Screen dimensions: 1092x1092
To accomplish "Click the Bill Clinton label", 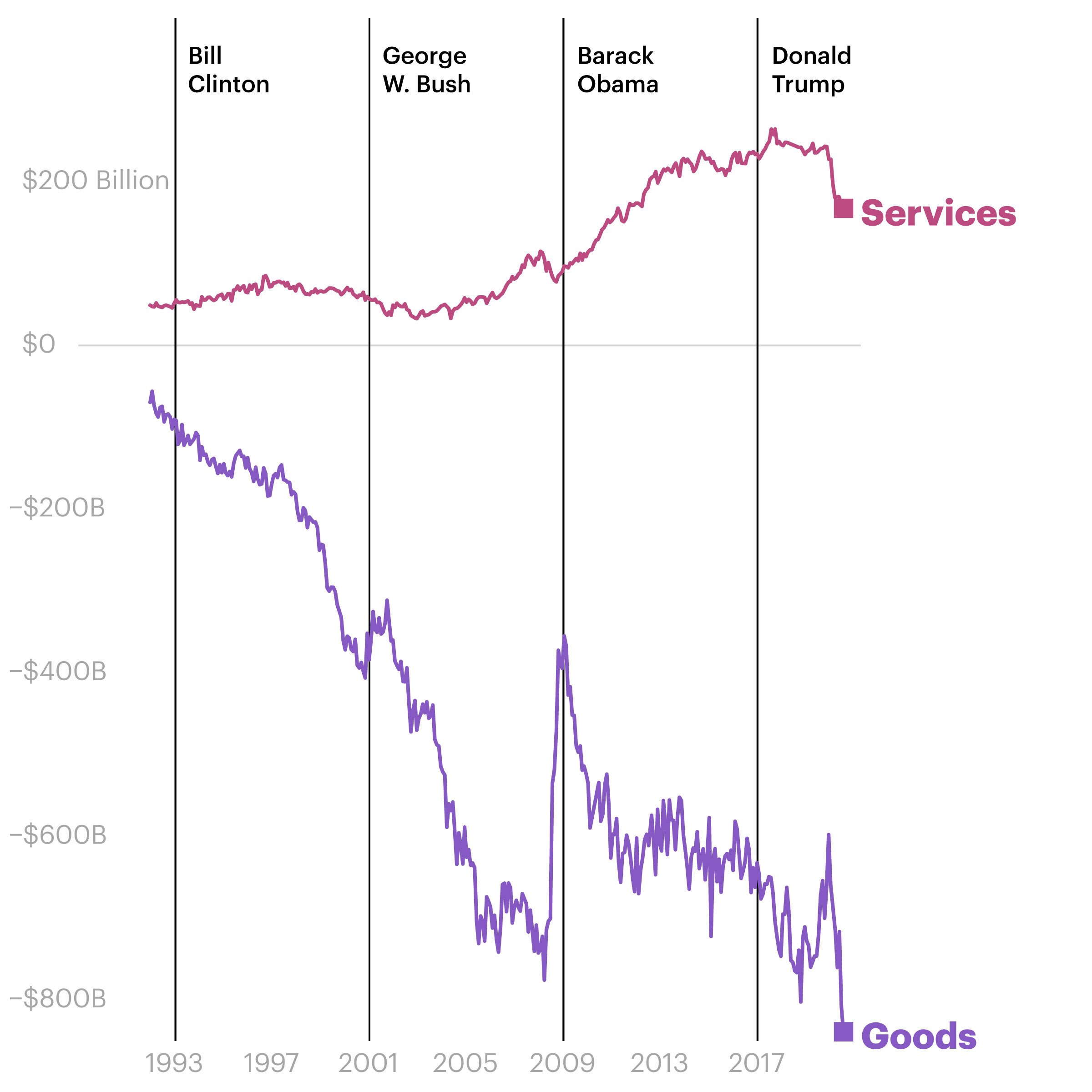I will (x=228, y=70).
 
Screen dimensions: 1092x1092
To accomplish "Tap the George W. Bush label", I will (x=426, y=70).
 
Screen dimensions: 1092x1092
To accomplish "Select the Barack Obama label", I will (x=617, y=70).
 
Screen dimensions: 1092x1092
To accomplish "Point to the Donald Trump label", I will (x=811, y=70).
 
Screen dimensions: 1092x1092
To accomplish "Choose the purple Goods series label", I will (x=919, y=1036).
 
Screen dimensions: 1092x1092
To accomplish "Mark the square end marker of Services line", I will (x=843, y=208).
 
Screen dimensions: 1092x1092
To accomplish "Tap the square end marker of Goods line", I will (x=843, y=1031).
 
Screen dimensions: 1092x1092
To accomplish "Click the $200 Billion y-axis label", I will (x=96, y=181).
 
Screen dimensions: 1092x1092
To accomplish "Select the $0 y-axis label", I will (x=38, y=344).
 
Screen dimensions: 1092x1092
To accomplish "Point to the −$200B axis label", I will (x=57, y=508).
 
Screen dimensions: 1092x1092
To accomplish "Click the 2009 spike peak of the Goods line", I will (x=564, y=637).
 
